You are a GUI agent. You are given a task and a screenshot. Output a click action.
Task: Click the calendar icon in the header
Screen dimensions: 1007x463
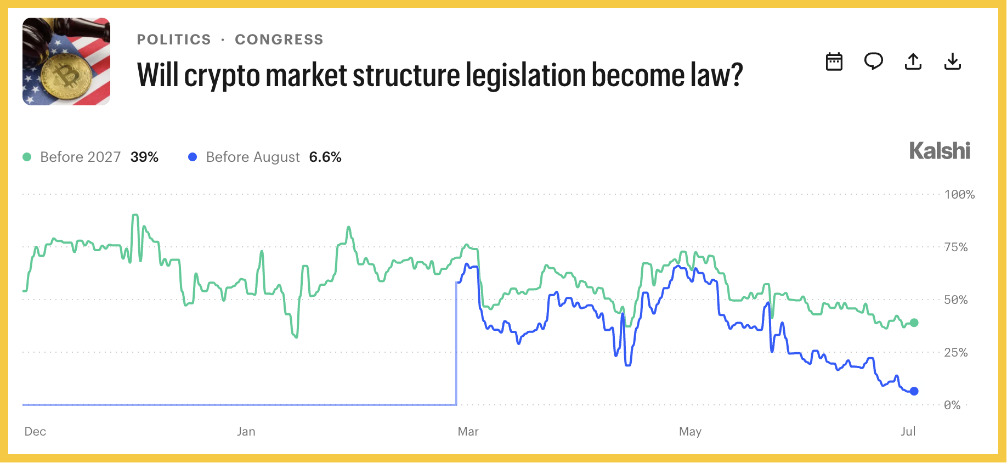(834, 61)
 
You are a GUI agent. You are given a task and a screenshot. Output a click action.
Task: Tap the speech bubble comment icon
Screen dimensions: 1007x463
(873, 61)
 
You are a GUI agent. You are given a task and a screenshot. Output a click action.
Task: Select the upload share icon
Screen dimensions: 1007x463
(913, 61)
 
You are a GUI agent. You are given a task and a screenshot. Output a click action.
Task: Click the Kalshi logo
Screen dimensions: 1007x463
(940, 151)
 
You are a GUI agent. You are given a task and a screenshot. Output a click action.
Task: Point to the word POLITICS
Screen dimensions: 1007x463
(174, 39)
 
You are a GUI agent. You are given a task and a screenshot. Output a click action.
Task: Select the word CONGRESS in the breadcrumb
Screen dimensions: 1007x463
(279, 39)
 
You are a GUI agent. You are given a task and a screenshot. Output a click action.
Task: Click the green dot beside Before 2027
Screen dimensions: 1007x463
(27, 157)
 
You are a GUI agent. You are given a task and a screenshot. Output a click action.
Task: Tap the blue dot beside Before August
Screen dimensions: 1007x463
(193, 157)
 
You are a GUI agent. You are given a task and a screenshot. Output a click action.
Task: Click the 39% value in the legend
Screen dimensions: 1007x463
(144, 157)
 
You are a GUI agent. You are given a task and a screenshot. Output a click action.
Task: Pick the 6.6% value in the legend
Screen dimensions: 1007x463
(325, 157)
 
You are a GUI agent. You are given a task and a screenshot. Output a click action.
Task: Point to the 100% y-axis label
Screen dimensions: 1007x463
(959, 194)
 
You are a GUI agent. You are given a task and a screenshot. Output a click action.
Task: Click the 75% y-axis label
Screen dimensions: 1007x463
(956, 247)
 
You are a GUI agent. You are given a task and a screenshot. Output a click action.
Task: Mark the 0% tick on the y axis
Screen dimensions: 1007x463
(952, 405)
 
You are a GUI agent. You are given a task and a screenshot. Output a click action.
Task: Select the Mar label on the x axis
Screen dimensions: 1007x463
(468, 431)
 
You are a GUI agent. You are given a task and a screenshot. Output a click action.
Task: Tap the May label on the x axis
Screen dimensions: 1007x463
(690, 431)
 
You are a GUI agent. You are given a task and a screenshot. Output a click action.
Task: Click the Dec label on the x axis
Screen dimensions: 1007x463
(35, 431)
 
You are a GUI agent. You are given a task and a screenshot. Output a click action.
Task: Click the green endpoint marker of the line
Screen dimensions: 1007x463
(914, 323)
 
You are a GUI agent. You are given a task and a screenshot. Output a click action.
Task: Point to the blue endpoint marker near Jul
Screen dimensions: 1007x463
(914, 391)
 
